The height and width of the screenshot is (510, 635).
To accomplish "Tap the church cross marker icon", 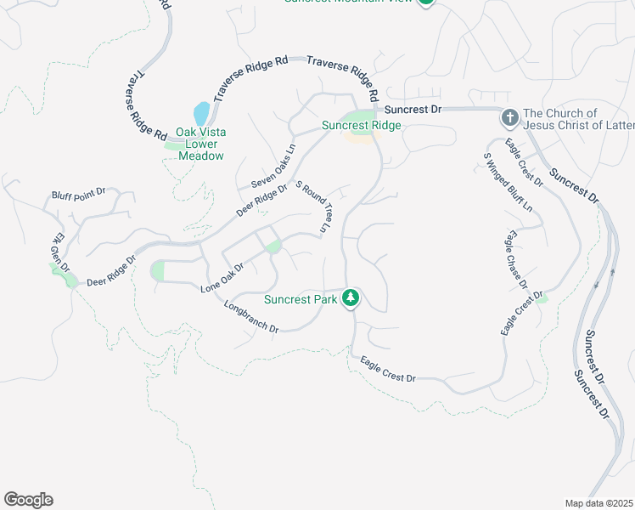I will [x=509, y=117].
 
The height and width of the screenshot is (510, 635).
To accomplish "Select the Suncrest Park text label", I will [x=301, y=299].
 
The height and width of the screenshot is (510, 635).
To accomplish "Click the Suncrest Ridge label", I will [x=361, y=126].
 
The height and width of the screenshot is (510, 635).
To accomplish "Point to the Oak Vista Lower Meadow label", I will [x=200, y=144].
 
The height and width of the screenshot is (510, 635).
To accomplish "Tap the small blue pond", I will [x=201, y=113].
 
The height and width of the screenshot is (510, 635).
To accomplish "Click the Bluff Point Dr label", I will [x=77, y=193].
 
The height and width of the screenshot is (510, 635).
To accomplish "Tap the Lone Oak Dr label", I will [x=222, y=279].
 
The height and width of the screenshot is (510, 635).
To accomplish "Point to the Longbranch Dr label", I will [x=251, y=316].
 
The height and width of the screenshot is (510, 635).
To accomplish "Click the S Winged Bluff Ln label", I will [x=508, y=181].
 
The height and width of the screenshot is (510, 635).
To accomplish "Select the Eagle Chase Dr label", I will [x=517, y=259].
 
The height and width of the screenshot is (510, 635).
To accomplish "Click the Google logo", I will [x=28, y=500].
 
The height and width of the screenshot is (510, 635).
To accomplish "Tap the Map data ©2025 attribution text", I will [x=599, y=503].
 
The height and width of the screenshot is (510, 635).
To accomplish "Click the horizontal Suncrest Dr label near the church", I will [x=413, y=110].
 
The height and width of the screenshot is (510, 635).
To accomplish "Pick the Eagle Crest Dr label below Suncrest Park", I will [x=387, y=369].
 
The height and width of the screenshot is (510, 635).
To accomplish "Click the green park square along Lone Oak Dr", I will [x=273, y=246].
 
